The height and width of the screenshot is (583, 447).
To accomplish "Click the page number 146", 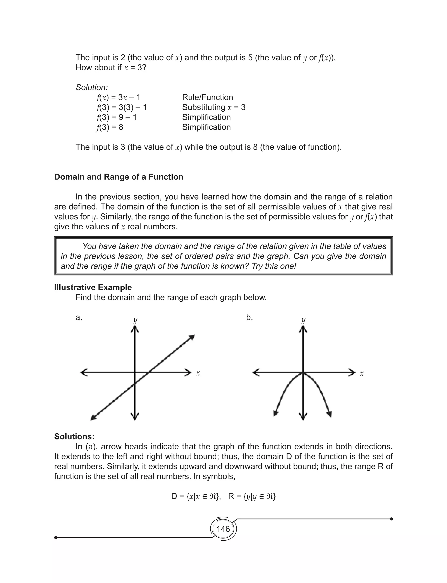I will click(x=223, y=529).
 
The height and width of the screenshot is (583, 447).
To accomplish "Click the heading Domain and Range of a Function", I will click(x=119, y=177).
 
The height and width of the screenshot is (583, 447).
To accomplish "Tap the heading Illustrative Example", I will click(x=93, y=287).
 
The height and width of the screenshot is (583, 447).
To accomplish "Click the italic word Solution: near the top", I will click(x=92, y=87).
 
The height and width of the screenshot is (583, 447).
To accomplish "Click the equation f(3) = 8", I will click(x=110, y=127).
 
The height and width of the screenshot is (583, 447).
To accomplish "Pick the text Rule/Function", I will click(x=208, y=97).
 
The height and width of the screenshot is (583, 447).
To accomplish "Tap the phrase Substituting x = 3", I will click(x=214, y=107).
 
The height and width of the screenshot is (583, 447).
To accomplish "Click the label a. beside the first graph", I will click(x=79, y=317).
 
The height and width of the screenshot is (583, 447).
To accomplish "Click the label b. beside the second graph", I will click(x=249, y=317).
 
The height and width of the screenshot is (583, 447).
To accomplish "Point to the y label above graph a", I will click(x=135, y=320).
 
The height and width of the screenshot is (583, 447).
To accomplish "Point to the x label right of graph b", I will click(x=362, y=374).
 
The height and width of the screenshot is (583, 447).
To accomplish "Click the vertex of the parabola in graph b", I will click(x=303, y=373).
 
